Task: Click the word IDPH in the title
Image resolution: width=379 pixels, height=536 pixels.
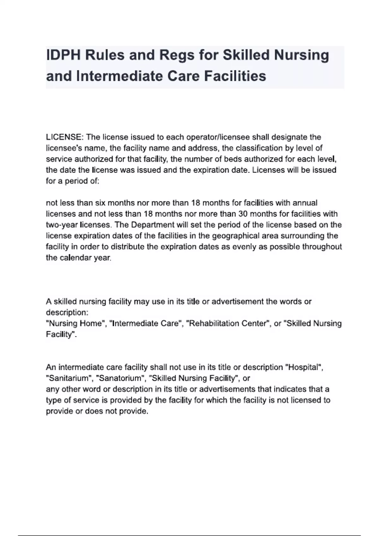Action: pos(63,55)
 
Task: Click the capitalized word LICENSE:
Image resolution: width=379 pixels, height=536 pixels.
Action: pos(65,137)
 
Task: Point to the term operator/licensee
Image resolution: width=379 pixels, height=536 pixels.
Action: pos(218,137)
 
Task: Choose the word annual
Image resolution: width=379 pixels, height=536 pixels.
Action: pos(305,203)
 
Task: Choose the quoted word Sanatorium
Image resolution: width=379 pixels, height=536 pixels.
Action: pos(120,378)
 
